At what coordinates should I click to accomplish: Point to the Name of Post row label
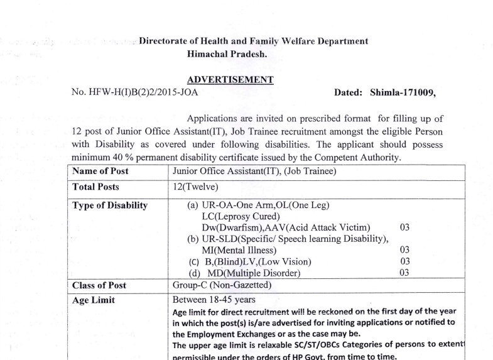pyautogui.click(x=100, y=171)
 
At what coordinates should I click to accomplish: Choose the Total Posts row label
pyautogui.click(x=96, y=187)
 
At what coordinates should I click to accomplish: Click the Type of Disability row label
pyautogui.click(x=110, y=205)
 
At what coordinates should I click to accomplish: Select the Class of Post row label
pyautogui.click(x=99, y=285)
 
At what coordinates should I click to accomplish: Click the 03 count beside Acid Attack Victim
pyautogui.click(x=405, y=227)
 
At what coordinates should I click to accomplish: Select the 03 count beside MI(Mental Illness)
pyautogui.click(x=405, y=250)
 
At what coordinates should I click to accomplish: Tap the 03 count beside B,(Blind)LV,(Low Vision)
pyautogui.click(x=405, y=261)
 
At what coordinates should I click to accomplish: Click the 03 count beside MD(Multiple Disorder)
pyautogui.click(x=405, y=273)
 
